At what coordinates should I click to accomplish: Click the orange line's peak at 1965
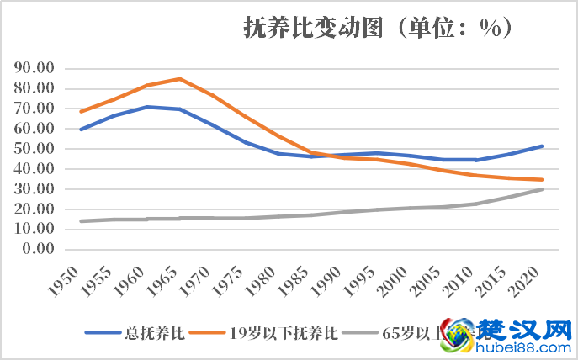point(179,79)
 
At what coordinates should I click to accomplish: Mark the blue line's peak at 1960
point(146,107)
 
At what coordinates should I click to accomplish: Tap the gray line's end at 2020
point(541,189)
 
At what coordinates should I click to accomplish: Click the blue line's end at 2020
point(541,146)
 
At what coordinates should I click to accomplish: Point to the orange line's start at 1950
point(81,111)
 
